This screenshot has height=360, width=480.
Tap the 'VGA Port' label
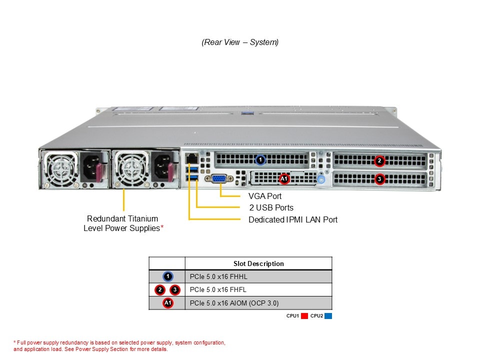264,196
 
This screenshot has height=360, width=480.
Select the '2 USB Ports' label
271,207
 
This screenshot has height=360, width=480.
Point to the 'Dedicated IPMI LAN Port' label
292,219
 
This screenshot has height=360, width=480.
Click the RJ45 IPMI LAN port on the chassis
191,159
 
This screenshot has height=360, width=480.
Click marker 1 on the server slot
260,160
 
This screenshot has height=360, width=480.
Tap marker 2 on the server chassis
379,161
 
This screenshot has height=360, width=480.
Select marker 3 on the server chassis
379,178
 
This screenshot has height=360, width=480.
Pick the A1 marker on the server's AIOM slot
283,178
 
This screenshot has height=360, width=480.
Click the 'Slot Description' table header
258,263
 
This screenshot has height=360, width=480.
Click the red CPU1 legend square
304,316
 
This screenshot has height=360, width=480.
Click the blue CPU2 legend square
328,316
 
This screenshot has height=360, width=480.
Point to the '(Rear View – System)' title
240,42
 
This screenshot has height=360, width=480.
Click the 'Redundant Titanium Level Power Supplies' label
123,223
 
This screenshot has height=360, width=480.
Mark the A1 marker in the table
168,303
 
